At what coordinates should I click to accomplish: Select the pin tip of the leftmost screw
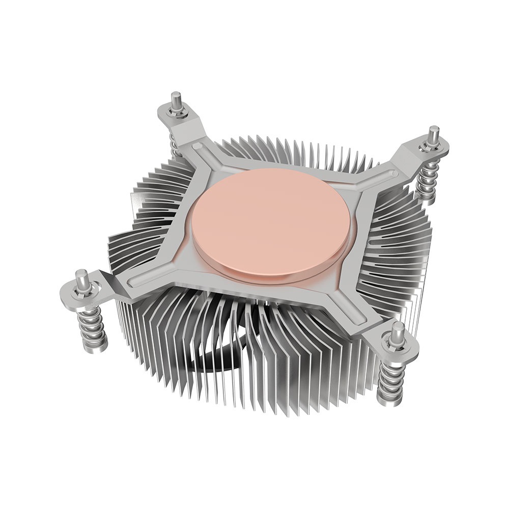(x=80, y=274)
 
